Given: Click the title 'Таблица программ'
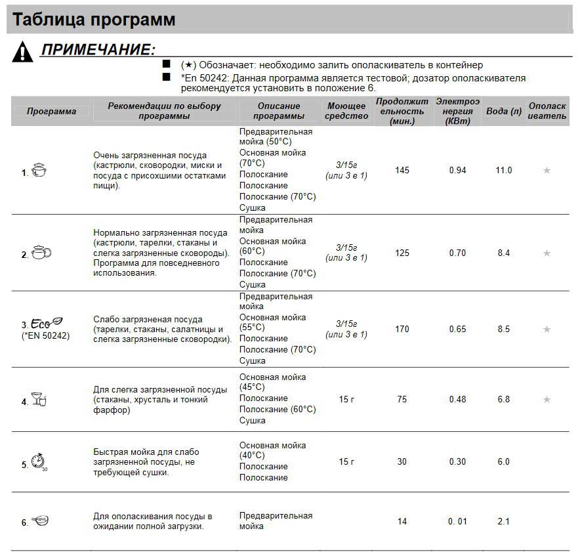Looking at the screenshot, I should [94, 20].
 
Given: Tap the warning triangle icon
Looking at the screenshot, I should [22, 51].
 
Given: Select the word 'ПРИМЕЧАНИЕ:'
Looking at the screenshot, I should [98, 50].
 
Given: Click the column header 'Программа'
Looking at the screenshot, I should [51, 111].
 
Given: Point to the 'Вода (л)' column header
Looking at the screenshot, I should [504, 111].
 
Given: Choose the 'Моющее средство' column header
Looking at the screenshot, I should [346, 111].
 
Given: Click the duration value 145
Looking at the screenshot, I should [402, 171].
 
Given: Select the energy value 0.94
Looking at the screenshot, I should [458, 171].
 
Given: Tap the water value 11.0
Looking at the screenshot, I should [504, 171].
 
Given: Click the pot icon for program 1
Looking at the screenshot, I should [39, 171].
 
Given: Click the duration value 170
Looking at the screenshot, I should [402, 330].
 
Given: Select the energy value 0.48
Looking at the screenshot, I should [458, 400].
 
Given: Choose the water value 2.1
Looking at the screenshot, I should [504, 522].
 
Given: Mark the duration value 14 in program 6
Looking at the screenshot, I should [402, 522].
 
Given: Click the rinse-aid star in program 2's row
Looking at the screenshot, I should [547, 253].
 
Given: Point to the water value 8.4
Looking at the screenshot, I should [504, 253].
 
